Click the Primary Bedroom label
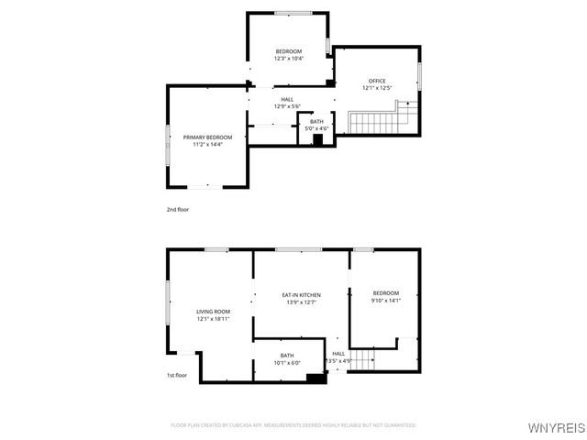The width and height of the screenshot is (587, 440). pos(206,137)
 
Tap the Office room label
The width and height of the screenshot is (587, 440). pos(377,82)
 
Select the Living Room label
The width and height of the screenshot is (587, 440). pos(212,312)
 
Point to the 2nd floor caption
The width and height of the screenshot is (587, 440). pos(177,210)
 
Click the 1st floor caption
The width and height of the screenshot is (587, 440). pos(177,375)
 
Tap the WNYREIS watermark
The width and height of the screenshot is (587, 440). pos(557,427)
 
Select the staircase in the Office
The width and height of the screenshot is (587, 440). pos(380,121)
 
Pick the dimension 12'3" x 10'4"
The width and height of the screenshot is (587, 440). pos(288,59)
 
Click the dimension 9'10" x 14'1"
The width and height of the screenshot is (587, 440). pos(385,301)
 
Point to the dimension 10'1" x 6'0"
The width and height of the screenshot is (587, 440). pos(287,363)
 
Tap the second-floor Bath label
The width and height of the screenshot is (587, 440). pos(316,122)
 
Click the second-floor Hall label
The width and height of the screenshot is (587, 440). pos(287,99)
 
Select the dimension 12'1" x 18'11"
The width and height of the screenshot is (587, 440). pos(212,319)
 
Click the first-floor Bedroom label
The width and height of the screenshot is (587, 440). pos(385,293)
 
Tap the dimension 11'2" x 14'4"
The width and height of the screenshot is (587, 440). pos(206,144)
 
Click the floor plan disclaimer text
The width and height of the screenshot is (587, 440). pos(293,425)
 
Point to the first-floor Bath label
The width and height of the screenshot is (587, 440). pos(287,356)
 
